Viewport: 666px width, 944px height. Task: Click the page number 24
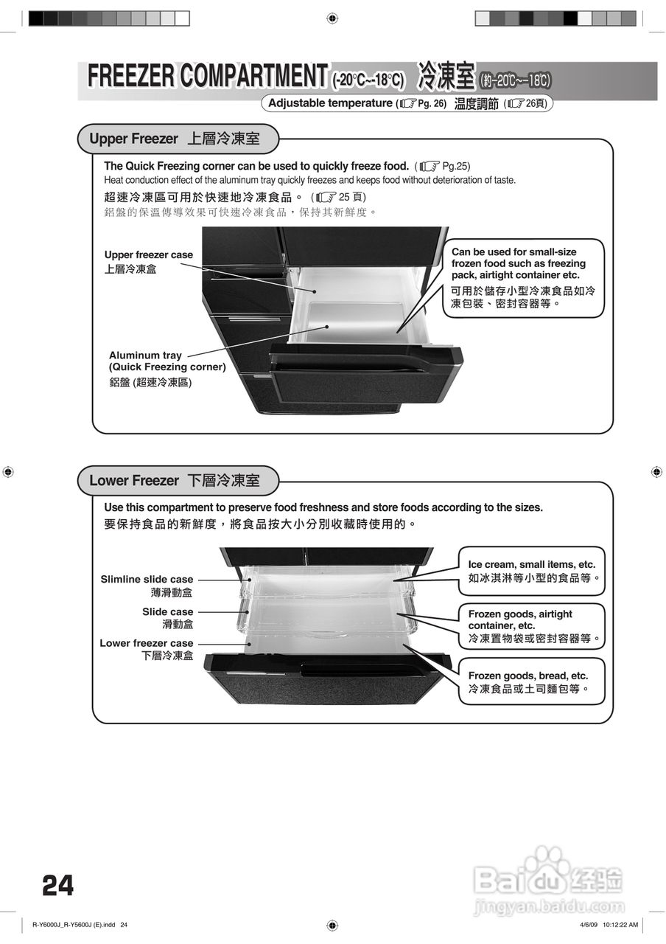pos(58,885)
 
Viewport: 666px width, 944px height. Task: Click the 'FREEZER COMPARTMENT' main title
pos(207,76)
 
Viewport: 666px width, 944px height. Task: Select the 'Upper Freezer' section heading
pos(134,139)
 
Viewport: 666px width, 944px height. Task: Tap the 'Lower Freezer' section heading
pos(134,481)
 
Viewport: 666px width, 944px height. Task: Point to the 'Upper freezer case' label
pos(148,255)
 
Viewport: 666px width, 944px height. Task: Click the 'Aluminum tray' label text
pos(145,355)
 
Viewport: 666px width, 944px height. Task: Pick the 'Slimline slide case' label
pos(147,580)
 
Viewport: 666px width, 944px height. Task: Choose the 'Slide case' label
pos(167,612)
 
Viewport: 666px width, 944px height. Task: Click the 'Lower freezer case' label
pos(146,644)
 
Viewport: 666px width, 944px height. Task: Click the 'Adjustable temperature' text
pos(330,103)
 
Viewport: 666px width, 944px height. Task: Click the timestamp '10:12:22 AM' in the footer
pos(620,925)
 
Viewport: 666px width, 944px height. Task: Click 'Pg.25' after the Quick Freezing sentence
pos(455,166)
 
